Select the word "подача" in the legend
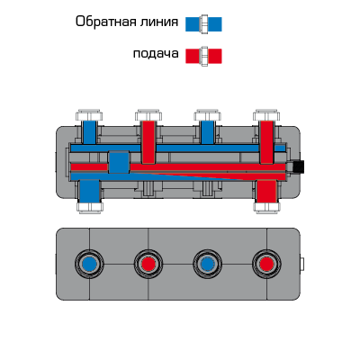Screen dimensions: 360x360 click(x=156, y=54)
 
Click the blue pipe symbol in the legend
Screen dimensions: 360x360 click(x=203, y=24)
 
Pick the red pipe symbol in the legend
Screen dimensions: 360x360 click(x=203, y=56)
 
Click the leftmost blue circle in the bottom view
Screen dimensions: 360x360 click(x=89, y=265)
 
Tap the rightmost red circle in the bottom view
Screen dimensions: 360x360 click(x=266, y=265)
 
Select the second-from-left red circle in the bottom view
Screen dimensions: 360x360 click(x=148, y=265)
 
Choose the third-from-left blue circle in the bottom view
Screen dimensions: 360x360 click(x=207, y=265)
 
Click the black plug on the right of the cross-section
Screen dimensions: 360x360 click(x=298, y=166)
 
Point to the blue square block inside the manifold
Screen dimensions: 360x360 click(x=119, y=162)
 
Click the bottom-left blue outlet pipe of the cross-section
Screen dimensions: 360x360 click(x=90, y=192)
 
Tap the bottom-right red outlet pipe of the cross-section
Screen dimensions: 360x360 click(x=266, y=192)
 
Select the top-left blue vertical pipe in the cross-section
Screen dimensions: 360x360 click(x=89, y=132)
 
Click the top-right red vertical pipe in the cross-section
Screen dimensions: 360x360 click(x=266, y=142)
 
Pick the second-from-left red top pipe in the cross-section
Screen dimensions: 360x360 click(x=148, y=142)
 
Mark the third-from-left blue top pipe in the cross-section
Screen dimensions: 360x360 click(x=207, y=132)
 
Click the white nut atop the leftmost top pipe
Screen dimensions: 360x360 click(x=89, y=115)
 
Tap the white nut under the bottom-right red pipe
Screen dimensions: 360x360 click(x=266, y=208)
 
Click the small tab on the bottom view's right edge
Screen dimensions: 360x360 click(x=301, y=265)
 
